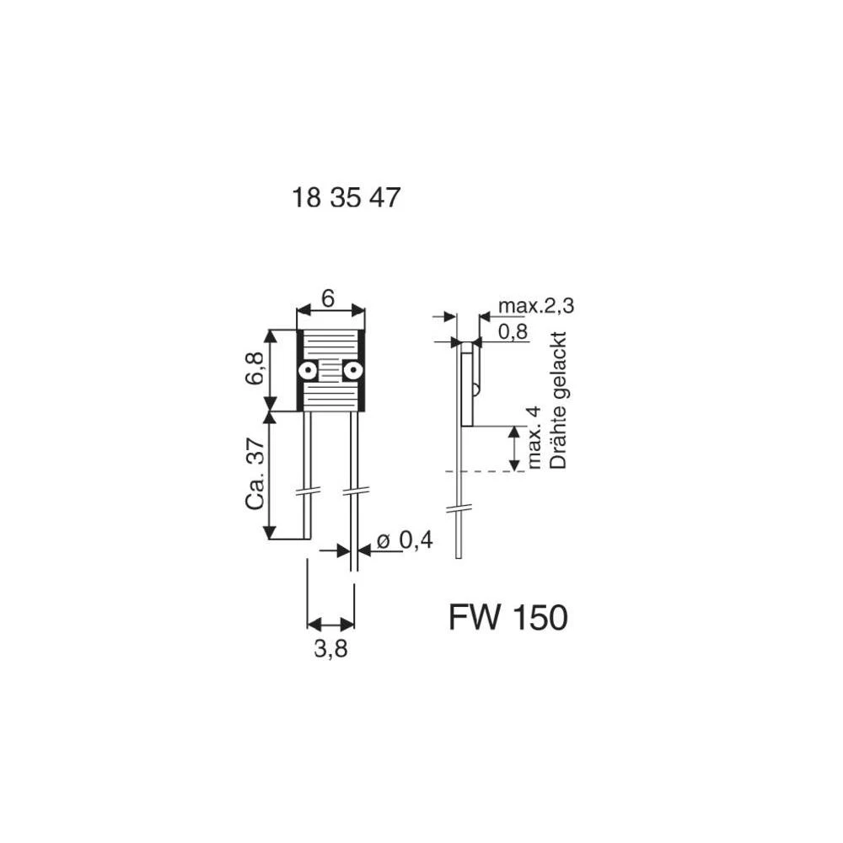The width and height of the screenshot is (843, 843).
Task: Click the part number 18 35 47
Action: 346,197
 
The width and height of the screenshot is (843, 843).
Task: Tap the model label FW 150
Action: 508,617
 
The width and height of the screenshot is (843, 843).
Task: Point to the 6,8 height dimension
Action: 255,368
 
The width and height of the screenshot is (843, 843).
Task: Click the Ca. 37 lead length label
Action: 255,474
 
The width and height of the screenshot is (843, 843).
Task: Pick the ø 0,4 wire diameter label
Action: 405,540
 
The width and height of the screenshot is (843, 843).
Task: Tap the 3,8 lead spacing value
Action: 330,649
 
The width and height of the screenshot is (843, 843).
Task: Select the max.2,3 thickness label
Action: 536,306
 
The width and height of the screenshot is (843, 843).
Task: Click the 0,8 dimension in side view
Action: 513,331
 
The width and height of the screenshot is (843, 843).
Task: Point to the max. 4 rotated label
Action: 534,438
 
